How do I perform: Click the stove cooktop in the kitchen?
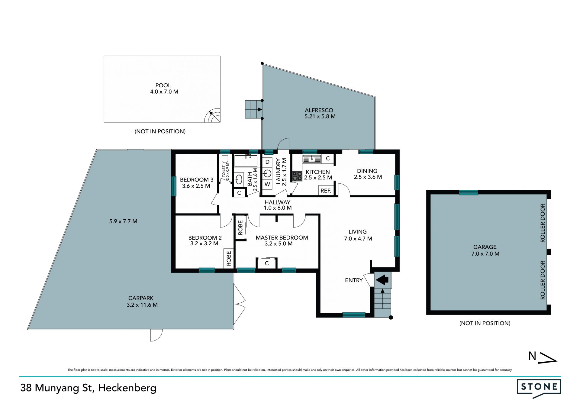click(x=297, y=176)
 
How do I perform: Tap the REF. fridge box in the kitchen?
click(x=326, y=191)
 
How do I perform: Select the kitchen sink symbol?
click(x=312, y=158)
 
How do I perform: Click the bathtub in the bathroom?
click(x=246, y=161)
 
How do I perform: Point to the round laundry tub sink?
click(x=268, y=173)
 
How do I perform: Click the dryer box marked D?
click(x=267, y=162)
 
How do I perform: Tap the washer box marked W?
click(x=267, y=184)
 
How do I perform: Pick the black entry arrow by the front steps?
click(x=382, y=279)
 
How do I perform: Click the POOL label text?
click(x=163, y=86)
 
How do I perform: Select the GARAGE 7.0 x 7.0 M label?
click(x=485, y=250)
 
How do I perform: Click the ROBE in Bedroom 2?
click(x=229, y=258)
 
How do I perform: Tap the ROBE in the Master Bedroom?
click(x=240, y=228)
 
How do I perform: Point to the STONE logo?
click(x=539, y=388)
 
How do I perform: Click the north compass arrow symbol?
click(x=548, y=357)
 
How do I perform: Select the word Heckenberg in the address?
click(x=127, y=388)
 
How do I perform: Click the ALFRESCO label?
click(x=319, y=110)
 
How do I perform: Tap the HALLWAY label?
click(x=277, y=202)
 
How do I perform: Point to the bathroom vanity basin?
click(x=239, y=179)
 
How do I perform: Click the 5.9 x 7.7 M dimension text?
click(x=123, y=221)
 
